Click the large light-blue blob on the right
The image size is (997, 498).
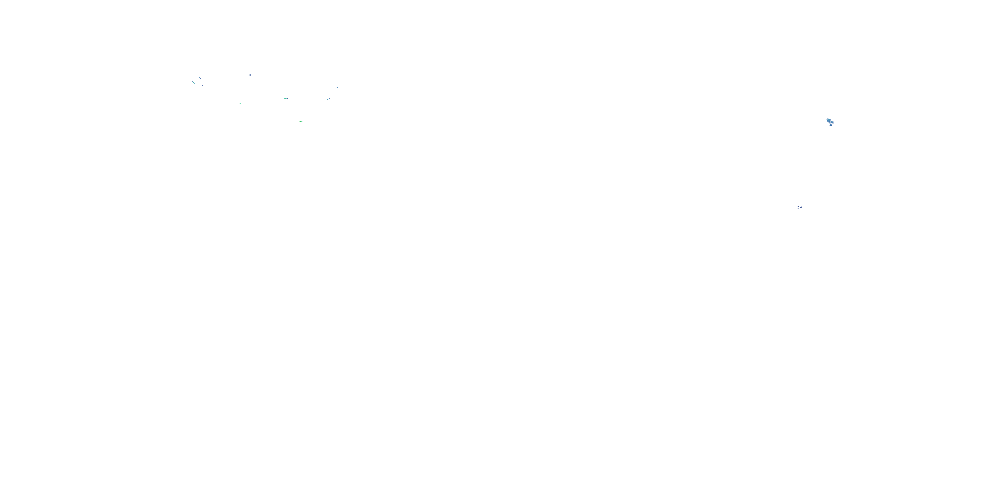tap(830, 122)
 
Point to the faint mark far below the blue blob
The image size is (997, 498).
tap(799, 207)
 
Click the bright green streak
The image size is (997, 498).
tap(300, 122)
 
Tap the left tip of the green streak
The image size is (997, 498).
tap(299, 122)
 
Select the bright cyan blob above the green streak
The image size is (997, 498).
tap(285, 99)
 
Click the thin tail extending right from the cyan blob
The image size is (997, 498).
tap(287, 99)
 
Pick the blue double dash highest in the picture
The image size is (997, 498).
tap(249, 75)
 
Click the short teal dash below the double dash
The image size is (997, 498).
tap(240, 103)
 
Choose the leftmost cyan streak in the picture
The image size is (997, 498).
tap(193, 82)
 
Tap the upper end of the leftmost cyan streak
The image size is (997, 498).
tap(192, 81)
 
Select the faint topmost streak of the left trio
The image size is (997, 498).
tap(200, 78)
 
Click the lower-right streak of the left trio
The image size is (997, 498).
tap(202, 85)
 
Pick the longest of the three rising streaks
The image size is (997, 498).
tap(328, 99)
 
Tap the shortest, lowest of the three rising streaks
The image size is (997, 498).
tap(332, 103)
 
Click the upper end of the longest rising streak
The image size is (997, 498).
tap(329, 98)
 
